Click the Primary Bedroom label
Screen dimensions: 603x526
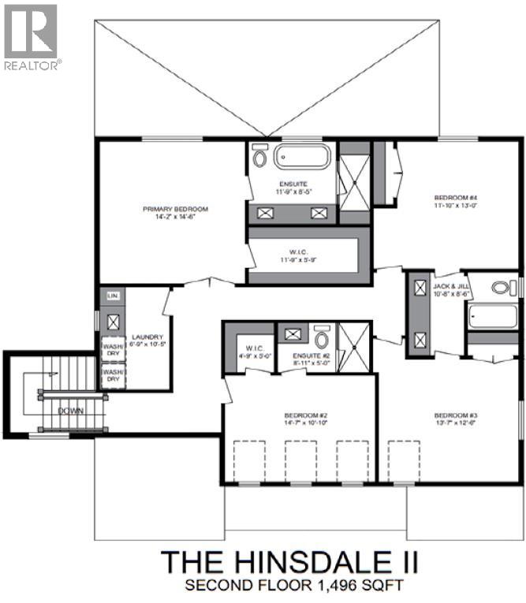point(175,209)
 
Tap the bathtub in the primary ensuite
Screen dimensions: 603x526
point(302,156)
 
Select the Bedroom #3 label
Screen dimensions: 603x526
point(455,415)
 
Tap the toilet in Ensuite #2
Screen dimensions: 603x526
point(322,338)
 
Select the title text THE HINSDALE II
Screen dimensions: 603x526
point(289,562)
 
